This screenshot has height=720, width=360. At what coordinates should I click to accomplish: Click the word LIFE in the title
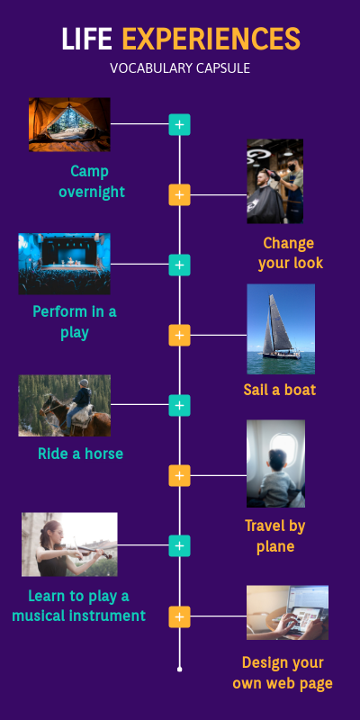pos(86,39)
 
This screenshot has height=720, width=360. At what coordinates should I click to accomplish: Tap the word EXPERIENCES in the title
pos(211,39)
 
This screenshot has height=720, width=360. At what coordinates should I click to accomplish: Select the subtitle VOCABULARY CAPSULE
pos(180,68)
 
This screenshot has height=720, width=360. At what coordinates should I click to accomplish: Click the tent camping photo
pos(69,124)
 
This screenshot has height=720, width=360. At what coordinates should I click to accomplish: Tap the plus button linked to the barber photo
pos(179,194)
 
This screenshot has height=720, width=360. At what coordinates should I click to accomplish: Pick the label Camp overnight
pos(92,182)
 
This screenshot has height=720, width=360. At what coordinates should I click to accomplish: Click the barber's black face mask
pos(291,168)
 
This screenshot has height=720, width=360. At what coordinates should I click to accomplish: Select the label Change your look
pos(290,253)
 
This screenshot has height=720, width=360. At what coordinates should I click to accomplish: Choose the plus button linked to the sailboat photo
pos(179,335)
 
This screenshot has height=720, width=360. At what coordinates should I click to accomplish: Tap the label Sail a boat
pos(280,390)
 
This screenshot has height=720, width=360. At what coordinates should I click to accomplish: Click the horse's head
pos(47,407)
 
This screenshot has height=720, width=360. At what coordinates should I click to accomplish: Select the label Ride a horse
pos(80,454)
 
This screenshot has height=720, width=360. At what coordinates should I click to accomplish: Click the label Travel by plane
pos(275,535)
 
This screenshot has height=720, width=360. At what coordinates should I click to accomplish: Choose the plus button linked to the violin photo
pos(179,545)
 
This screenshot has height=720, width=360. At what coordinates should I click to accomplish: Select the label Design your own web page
pos(283,672)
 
